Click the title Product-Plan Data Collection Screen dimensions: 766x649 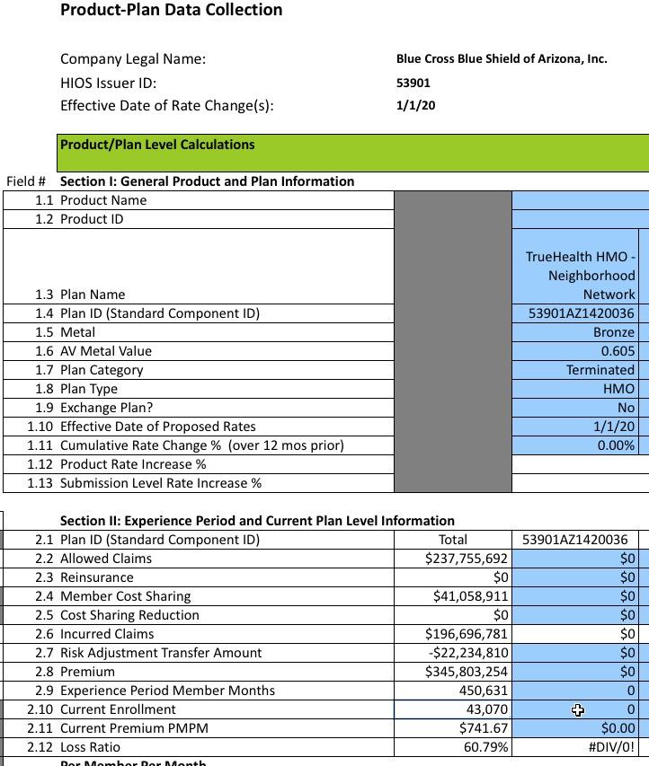(x=171, y=10)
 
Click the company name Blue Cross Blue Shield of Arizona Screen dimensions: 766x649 (x=502, y=59)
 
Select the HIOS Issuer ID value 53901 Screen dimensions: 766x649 (x=413, y=83)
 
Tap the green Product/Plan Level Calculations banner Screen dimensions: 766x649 (x=352, y=153)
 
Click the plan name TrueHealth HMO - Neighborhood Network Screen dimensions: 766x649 (x=581, y=275)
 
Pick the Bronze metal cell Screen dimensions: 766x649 (x=614, y=332)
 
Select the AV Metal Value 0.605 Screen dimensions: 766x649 (x=618, y=351)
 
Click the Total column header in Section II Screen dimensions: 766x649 (x=452, y=540)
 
